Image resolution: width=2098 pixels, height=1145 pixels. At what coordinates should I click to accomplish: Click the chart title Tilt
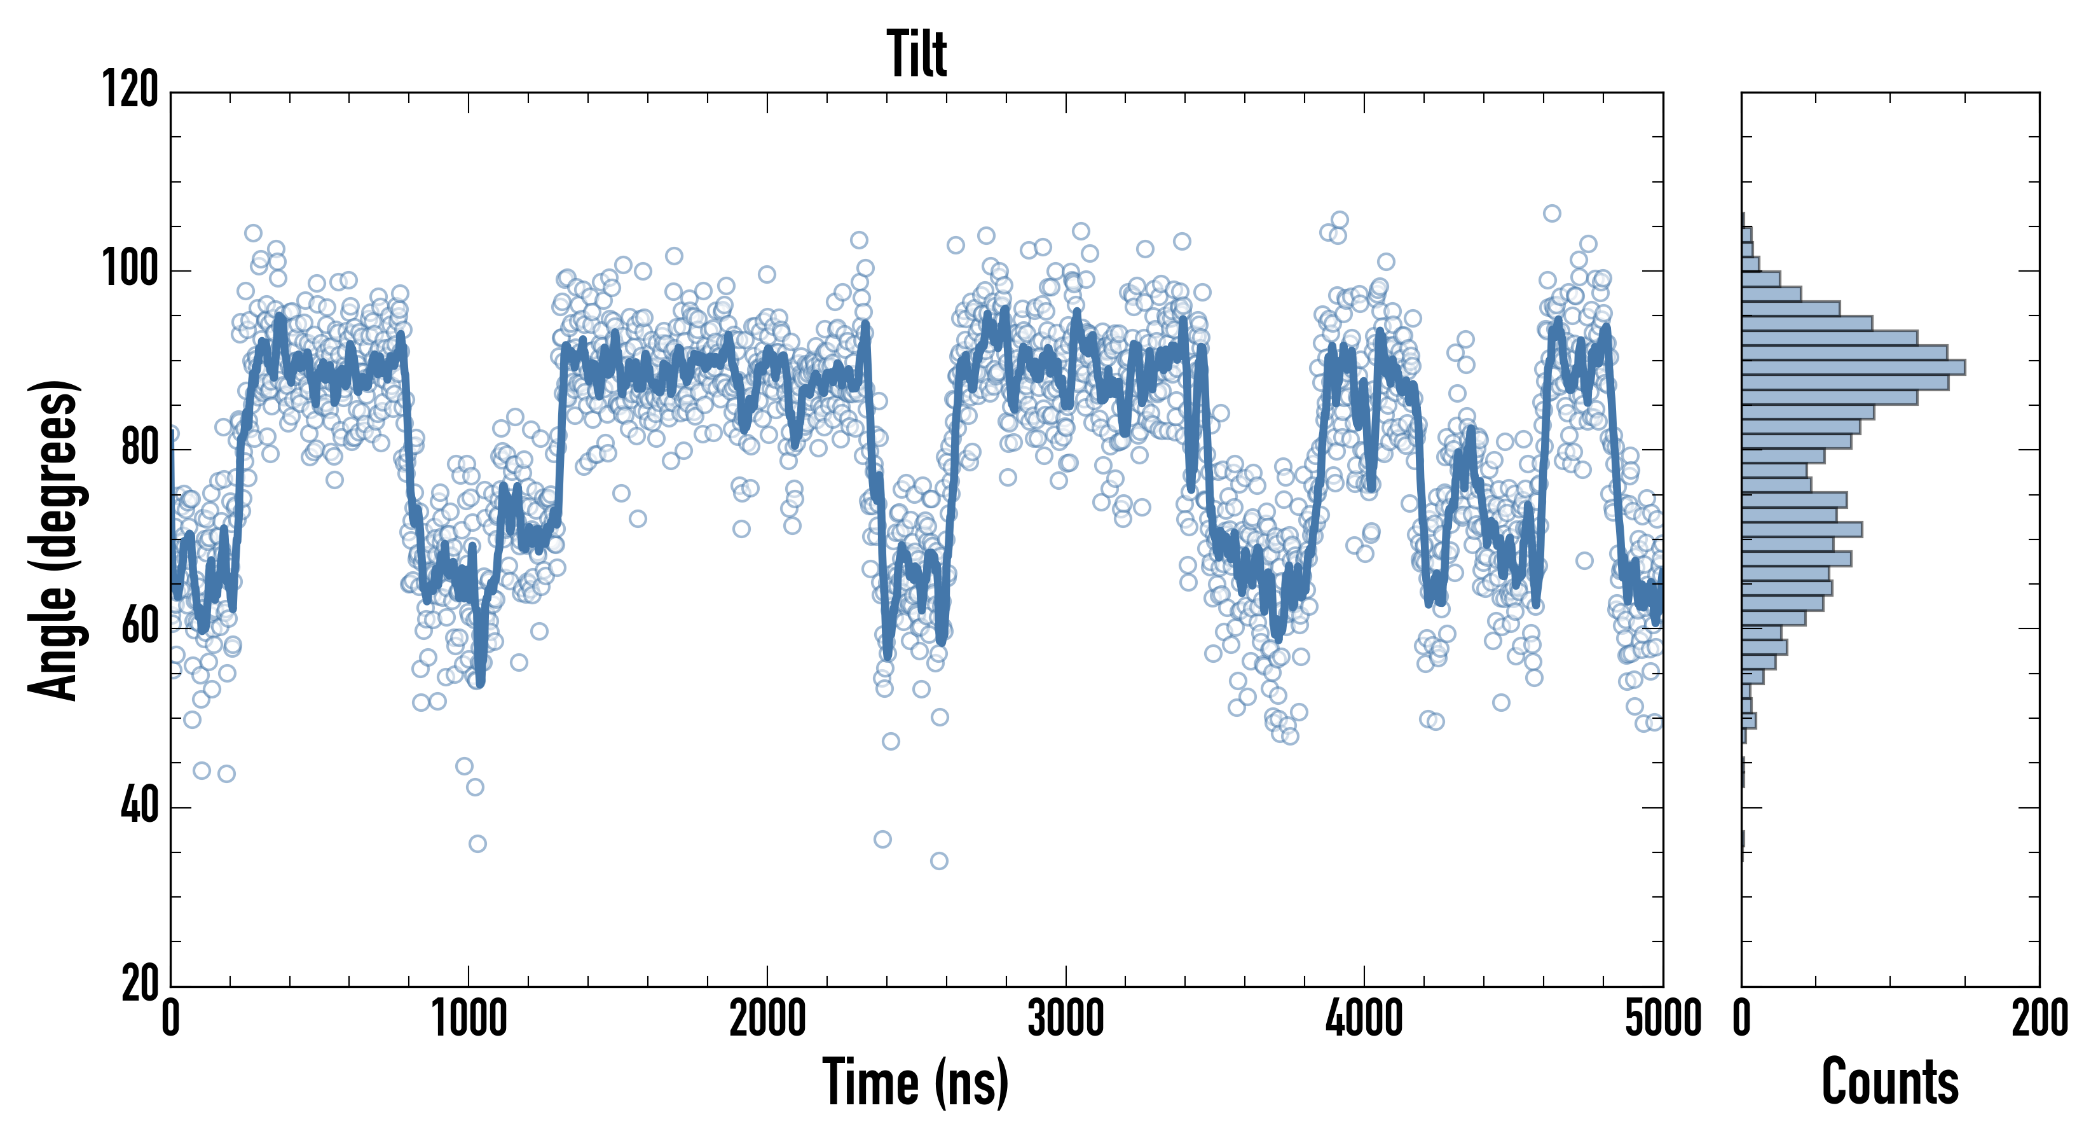tap(916, 54)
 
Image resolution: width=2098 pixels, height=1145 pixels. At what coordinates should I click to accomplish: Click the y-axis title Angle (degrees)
tap(54, 539)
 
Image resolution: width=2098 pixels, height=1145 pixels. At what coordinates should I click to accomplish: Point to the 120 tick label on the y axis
tap(130, 90)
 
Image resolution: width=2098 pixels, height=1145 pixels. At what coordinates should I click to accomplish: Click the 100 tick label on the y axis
tap(130, 269)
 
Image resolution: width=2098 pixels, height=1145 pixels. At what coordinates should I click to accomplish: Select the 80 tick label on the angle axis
tap(139, 448)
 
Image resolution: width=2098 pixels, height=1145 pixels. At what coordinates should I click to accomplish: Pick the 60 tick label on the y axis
tap(139, 627)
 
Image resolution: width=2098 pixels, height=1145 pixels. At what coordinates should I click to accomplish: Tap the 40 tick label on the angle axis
tap(139, 807)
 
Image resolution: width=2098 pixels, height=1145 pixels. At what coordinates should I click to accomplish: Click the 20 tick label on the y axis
tap(139, 985)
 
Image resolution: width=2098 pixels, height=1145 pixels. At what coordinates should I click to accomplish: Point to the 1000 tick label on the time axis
tap(469, 1018)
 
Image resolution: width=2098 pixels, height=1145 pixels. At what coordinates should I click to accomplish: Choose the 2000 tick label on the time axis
tap(767, 1018)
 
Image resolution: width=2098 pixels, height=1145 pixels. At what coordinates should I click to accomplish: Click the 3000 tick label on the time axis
tap(1066, 1018)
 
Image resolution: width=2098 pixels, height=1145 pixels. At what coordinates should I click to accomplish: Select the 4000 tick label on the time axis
tap(1364, 1018)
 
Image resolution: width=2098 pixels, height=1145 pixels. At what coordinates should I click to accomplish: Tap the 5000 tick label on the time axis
tap(1663, 1018)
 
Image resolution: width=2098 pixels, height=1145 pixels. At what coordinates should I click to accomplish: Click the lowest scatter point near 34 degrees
tap(939, 861)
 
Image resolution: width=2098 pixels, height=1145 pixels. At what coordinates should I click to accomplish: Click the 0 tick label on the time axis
tap(170, 1018)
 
